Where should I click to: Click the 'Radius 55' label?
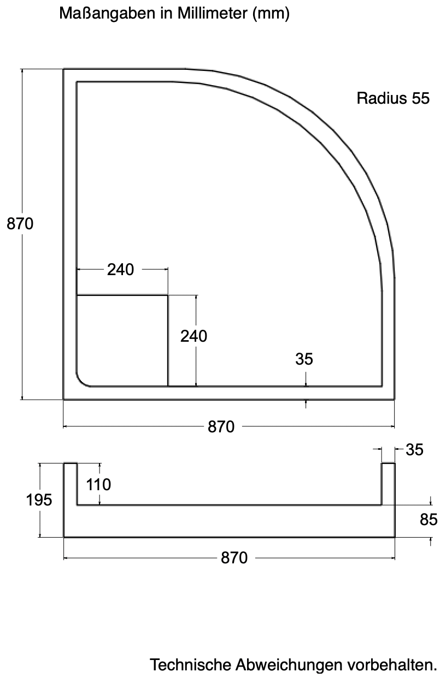pyautogui.click(x=393, y=98)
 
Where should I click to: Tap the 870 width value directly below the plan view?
pyautogui.click(x=221, y=426)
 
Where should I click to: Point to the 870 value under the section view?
pyautogui.click(x=234, y=558)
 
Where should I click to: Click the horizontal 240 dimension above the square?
pyautogui.click(x=120, y=270)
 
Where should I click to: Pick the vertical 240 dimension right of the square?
pyautogui.click(x=194, y=336)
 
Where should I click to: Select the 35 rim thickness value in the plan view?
pyautogui.click(x=304, y=359)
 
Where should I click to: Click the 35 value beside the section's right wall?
pyautogui.click(x=414, y=450)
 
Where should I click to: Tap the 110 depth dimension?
pyautogui.click(x=98, y=485)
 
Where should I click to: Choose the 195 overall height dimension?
pyautogui.click(x=39, y=499)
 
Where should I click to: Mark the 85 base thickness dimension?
pyautogui.click(x=429, y=520)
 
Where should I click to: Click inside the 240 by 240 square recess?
pyautogui.click(x=122, y=340)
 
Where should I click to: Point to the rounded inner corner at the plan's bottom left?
pyautogui.click(x=81, y=380)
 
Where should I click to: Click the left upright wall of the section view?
pyautogui.click(x=71, y=484)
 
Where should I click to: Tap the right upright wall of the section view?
pyautogui.click(x=388, y=484)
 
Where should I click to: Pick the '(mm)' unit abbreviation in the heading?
pyautogui.click(x=271, y=14)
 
